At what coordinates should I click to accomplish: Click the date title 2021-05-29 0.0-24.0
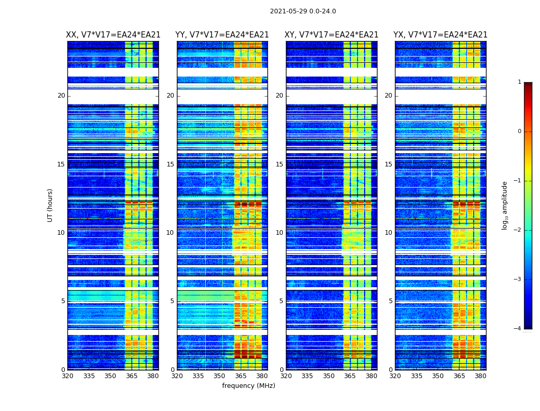(x=303, y=11)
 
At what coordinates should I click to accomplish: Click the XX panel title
(x=113, y=35)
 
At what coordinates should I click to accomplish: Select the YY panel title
(x=222, y=35)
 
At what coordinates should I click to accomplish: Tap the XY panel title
(x=332, y=35)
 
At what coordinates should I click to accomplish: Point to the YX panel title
(x=440, y=35)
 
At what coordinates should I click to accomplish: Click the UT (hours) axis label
(x=50, y=205)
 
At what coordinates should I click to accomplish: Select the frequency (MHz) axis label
(x=248, y=386)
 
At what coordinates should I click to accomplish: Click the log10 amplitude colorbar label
(x=505, y=205)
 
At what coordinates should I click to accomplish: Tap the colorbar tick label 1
(x=519, y=82)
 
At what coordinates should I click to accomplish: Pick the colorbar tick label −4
(x=518, y=329)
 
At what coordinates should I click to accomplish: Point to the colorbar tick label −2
(x=518, y=230)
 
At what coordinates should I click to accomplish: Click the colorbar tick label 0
(x=519, y=132)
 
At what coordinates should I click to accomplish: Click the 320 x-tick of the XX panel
(x=67, y=376)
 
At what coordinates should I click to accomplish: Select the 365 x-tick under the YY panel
(x=241, y=376)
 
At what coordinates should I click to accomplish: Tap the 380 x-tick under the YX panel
(x=480, y=376)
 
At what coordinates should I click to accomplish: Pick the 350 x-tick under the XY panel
(x=329, y=376)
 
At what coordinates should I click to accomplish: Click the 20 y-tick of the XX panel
(x=61, y=96)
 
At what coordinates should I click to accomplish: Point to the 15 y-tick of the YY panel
(x=170, y=164)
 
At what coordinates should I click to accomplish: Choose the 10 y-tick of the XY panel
(x=279, y=233)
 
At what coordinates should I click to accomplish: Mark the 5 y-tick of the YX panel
(x=390, y=301)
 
